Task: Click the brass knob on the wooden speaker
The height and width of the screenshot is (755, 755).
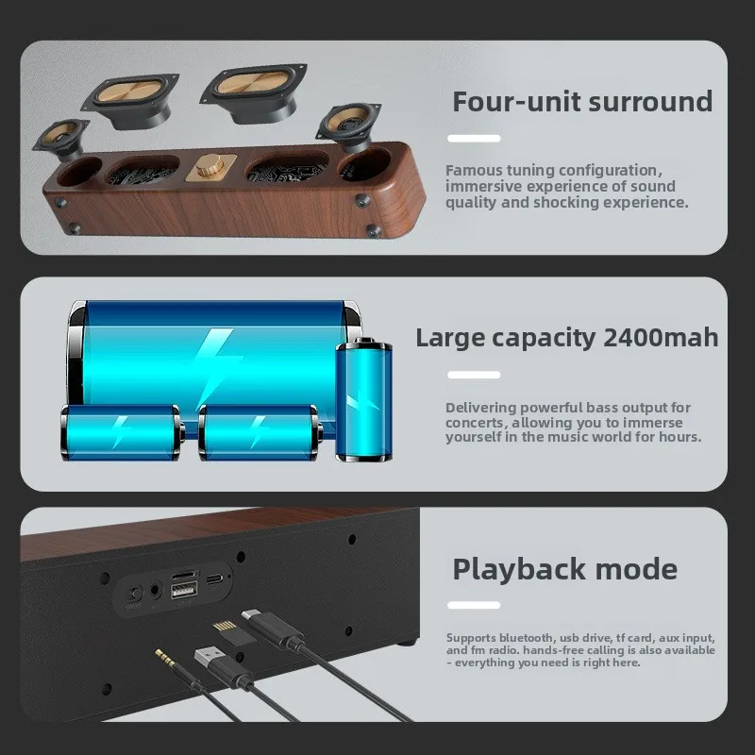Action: [x=210, y=165]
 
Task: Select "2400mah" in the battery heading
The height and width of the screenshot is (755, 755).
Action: [x=661, y=337]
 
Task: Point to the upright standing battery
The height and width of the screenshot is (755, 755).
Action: [x=363, y=399]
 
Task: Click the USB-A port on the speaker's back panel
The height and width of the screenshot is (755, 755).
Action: [x=184, y=590]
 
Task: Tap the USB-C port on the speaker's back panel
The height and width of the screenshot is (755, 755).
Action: [x=215, y=579]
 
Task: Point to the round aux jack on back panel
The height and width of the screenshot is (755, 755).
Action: [x=155, y=590]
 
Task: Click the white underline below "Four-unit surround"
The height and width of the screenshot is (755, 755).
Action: [x=474, y=138]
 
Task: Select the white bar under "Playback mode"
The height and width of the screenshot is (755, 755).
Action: [x=474, y=605]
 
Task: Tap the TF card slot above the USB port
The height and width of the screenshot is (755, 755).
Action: [x=185, y=575]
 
